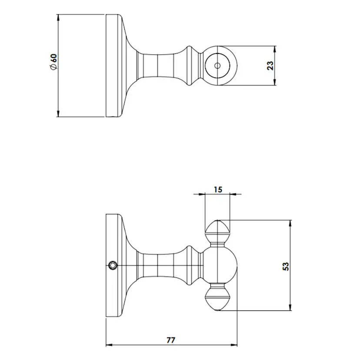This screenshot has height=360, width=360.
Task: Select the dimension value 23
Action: click(x=270, y=66)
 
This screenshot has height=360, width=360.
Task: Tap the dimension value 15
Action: click(x=218, y=190)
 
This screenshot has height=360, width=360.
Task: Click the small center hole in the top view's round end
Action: click(x=217, y=66)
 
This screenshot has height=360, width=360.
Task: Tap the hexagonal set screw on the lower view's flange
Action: click(x=113, y=265)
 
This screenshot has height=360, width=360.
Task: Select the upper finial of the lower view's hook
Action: click(x=218, y=230)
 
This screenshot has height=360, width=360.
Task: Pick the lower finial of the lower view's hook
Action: click(x=218, y=299)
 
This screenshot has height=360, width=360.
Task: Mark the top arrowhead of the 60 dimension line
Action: click(x=58, y=18)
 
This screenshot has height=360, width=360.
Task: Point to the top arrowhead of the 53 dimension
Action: click(x=290, y=222)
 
